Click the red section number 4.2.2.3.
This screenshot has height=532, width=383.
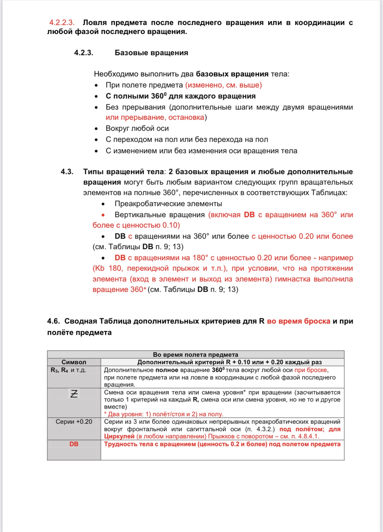click(62, 23)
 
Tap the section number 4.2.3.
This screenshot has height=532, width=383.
click(84, 53)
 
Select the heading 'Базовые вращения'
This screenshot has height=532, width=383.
click(151, 53)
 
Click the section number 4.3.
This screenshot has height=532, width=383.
click(67, 172)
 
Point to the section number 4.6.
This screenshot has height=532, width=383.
click(53, 321)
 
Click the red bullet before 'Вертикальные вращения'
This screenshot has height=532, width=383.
click(103, 215)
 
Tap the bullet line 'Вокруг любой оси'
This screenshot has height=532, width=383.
click(137, 129)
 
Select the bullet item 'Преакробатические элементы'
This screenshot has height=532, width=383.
click(168, 204)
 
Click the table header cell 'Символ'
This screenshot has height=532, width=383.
click(74, 362)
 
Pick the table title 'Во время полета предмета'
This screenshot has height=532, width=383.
click(195, 355)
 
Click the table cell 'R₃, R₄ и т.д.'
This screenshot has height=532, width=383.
click(68, 370)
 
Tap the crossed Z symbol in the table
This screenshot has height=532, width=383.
click(74, 394)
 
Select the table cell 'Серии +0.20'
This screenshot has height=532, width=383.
click(74, 422)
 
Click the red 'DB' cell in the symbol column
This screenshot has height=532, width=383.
click(74, 444)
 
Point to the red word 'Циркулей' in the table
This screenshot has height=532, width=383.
click(119, 436)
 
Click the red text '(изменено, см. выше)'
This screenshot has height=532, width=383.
click(223, 85)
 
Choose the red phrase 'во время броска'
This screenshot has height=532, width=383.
click(298, 321)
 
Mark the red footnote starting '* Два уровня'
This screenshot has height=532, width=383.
click(163, 414)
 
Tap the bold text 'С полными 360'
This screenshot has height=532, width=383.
click(135, 96)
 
